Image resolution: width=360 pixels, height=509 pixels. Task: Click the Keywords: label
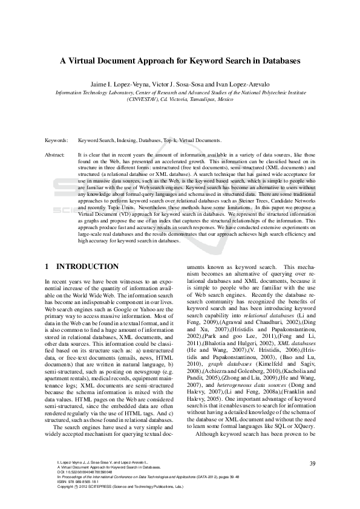(x=56, y=140)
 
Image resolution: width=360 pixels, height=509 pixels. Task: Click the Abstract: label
(x=55, y=155)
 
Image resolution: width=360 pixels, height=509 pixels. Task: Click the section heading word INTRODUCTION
(x=87, y=267)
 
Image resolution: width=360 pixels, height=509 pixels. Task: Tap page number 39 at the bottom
(x=312, y=463)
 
